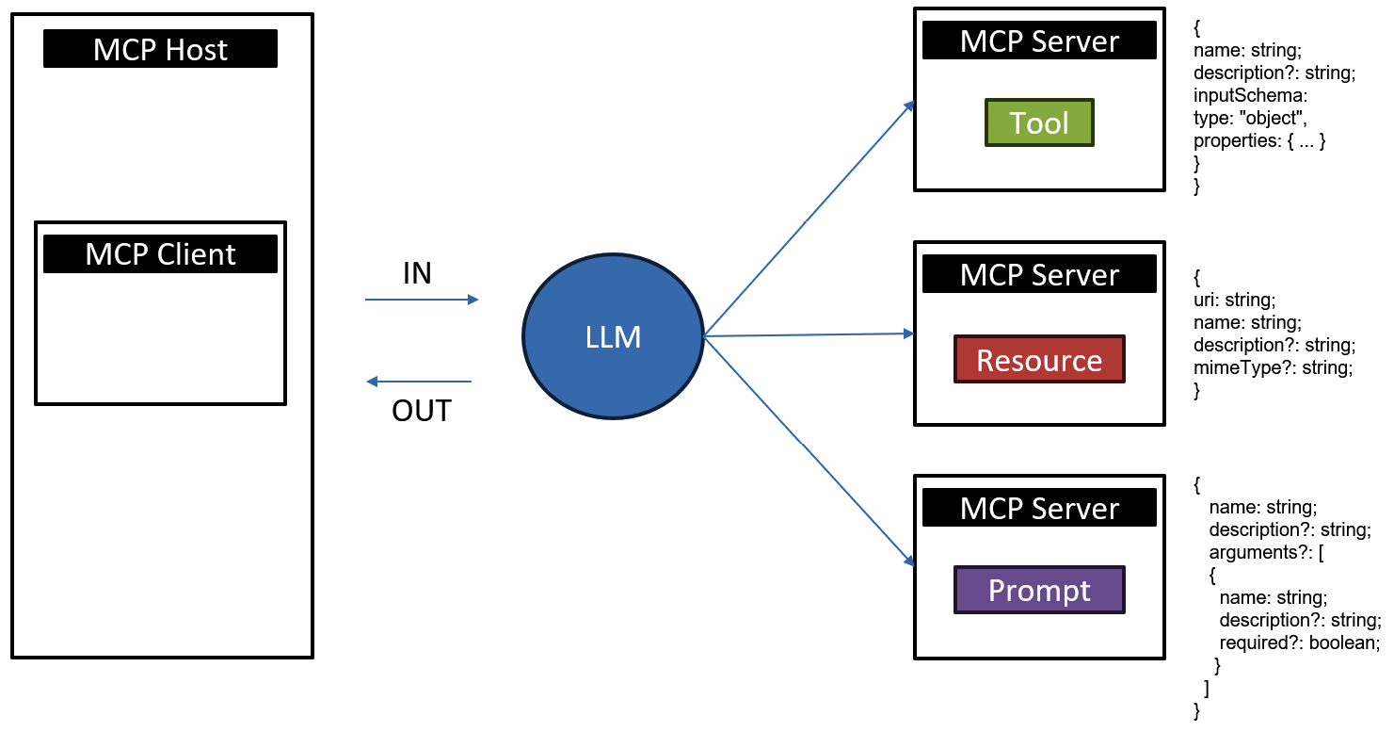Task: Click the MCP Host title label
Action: coord(160,49)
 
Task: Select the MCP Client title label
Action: coord(160,254)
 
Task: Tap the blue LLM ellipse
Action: coord(613,336)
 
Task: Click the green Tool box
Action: coord(1039,122)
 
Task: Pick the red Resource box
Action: coord(1039,360)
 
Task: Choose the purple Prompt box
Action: coord(1039,590)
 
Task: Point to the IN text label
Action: coord(417,273)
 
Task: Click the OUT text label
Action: coord(422,412)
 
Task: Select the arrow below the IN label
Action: coord(422,300)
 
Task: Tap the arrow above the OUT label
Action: coord(419,382)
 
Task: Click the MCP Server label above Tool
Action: coord(1039,41)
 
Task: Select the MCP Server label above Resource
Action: coord(1039,275)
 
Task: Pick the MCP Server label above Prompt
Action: coord(1039,509)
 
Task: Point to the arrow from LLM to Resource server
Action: coord(809,334)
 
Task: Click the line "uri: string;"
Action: coord(1234,300)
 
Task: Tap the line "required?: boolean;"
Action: coord(1299,643)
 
